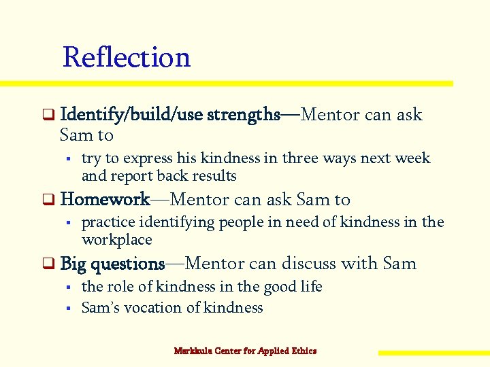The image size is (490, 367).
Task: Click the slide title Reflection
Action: (126, 57)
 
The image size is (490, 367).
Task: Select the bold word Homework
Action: (105, 200)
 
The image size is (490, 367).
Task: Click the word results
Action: (215, 176)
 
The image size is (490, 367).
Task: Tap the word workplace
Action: (116, 240)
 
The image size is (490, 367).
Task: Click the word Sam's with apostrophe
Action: (101, 308)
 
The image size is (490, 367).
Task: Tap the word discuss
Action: (307, 264)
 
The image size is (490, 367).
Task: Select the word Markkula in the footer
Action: (193, 351)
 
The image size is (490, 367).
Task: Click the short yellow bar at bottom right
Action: (433, 353)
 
